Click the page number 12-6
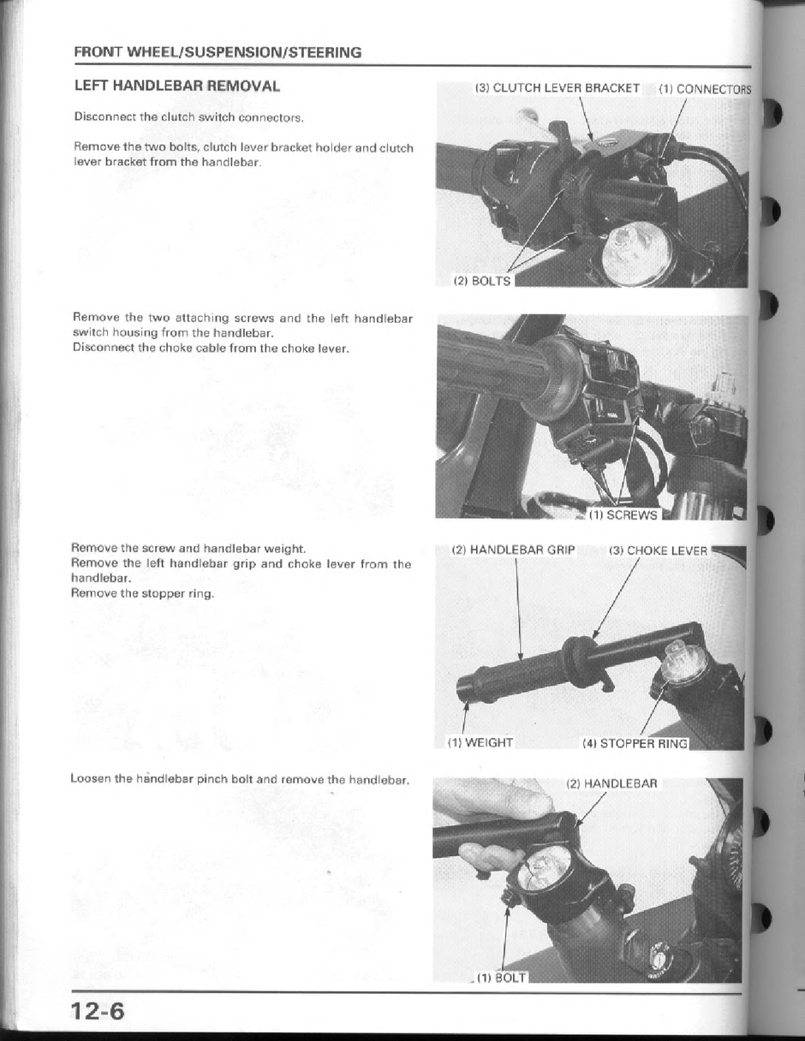click(98, 1011)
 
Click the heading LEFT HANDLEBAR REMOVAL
click(176, 86)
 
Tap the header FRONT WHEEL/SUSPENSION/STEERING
click(218, 52)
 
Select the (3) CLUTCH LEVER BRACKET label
click(558, 88)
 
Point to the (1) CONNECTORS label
click(704, 89)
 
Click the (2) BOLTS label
click(481, 281)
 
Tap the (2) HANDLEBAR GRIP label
click(513, 550)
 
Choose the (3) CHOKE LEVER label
click(658, 550)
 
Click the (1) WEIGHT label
click(480, 742)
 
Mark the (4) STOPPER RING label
click(635, 743)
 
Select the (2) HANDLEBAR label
click(611, 783)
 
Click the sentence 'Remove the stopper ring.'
click(142, 593)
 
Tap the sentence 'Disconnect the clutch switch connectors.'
click(188, 116)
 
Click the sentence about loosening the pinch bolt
click(240, 779)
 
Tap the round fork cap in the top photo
click(638, 258)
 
